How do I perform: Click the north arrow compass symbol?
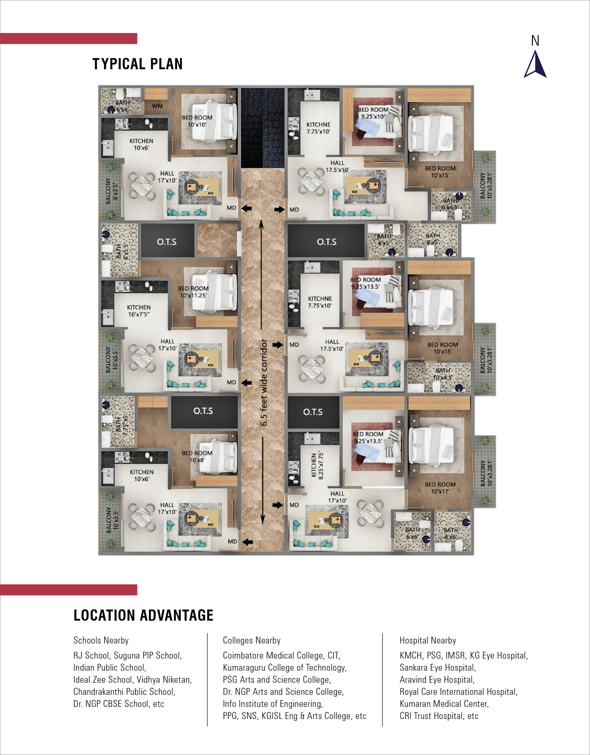[535, 65]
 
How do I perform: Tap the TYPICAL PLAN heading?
[138, 64]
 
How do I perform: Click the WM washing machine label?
[157, 106]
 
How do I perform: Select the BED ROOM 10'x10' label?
[197, 121]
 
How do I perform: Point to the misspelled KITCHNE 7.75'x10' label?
[318, 128]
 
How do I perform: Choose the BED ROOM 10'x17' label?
[440, 488]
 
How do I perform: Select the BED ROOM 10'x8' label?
[197, 456]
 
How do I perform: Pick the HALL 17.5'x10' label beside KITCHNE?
[337, 166]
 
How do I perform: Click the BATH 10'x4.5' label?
[443, 374]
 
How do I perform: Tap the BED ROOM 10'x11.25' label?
[193, 292]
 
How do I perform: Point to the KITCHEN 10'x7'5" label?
[139, 311]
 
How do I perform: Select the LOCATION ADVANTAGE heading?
[143, 615]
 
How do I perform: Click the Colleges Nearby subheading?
[252, 641]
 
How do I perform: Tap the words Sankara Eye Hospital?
[438, 667]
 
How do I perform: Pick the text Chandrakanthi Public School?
[124, 692]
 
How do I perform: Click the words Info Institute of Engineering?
[273, 704]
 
